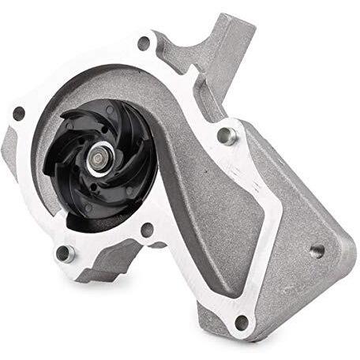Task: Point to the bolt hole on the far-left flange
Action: pos(18,114)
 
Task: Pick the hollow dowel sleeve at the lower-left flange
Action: pos(65,253)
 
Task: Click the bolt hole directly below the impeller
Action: pos(145,230)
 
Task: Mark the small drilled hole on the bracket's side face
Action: pos(317,252)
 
